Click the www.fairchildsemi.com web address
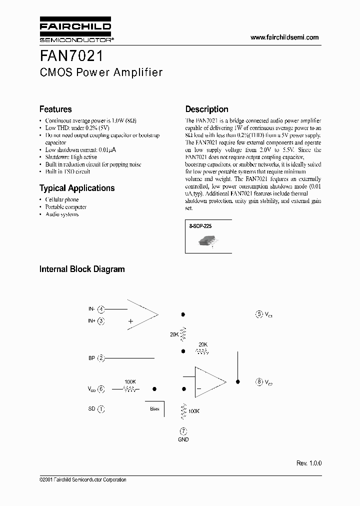[x=284, y=37]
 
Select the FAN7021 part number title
[x=72, y=54]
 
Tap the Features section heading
[x=55, y=109]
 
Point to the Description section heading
[x=206, y=109]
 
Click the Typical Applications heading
[x=77, y=188]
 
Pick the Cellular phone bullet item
[x=61, y=199]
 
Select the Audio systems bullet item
[x=61, y=214]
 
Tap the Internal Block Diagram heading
[x=82, y=269]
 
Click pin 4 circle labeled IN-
[x=101, y=309]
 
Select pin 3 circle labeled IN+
[x=101, y=320]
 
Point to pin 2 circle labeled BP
[x=101, y=357]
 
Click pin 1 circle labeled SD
[x=101, y=408]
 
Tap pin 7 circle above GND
[x=183, y=430]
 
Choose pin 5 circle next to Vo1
[x=259, y=314]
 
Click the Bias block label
[x=154, y=408]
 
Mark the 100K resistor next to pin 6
[x=129, y=388]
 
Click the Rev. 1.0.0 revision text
[x=309, y=463]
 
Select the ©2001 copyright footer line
[x=83, y=479]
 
